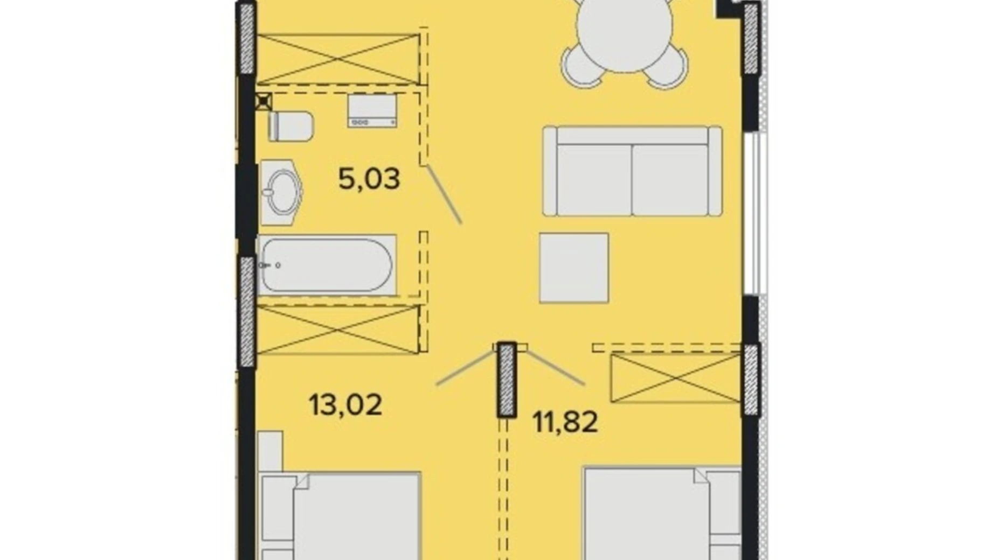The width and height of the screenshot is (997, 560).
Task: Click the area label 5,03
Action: (369, 179)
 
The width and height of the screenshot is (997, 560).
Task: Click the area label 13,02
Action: (345, 405)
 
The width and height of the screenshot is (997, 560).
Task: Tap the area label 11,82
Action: (565, 422)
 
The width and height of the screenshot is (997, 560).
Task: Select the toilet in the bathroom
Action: (290, 126)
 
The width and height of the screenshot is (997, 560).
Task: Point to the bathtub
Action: (327, 265)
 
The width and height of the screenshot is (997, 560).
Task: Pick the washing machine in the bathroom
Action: (372, 110)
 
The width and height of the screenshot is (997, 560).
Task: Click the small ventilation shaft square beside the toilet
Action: (264, 101)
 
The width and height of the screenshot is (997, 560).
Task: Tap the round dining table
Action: (625, 26)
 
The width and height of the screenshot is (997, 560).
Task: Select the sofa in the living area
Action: (632, 171)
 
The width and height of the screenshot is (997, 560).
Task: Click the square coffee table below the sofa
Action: (574, 268)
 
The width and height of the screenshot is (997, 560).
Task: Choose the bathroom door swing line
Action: (445, 194)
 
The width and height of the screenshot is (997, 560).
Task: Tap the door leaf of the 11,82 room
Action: (556, 368)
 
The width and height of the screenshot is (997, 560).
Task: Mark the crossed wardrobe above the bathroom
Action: (338, 59)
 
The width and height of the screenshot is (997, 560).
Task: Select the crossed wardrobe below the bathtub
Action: (338, 330)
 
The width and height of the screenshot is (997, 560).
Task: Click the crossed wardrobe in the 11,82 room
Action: (676, 378)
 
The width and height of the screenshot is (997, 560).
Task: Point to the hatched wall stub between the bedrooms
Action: (507, 380)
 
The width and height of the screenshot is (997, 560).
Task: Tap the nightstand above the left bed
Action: (271, 451)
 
